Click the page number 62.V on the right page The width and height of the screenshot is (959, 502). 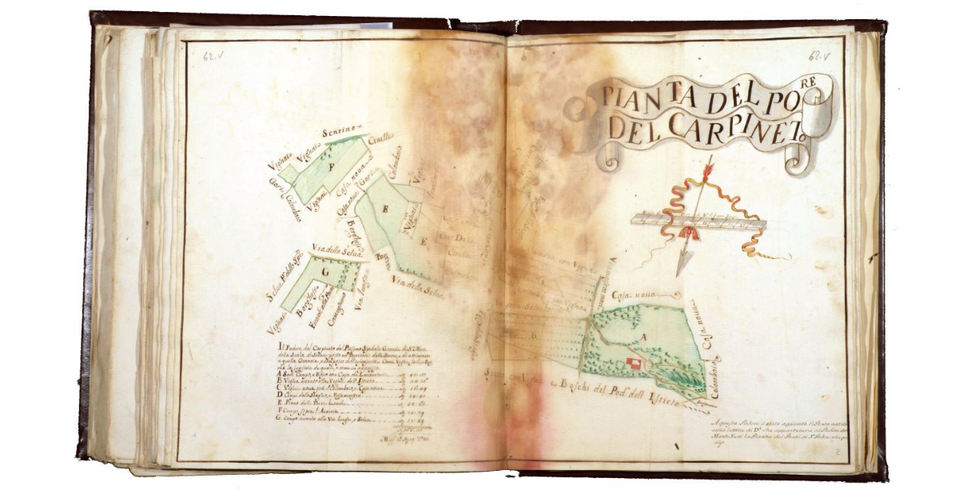[x=821, y=56]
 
